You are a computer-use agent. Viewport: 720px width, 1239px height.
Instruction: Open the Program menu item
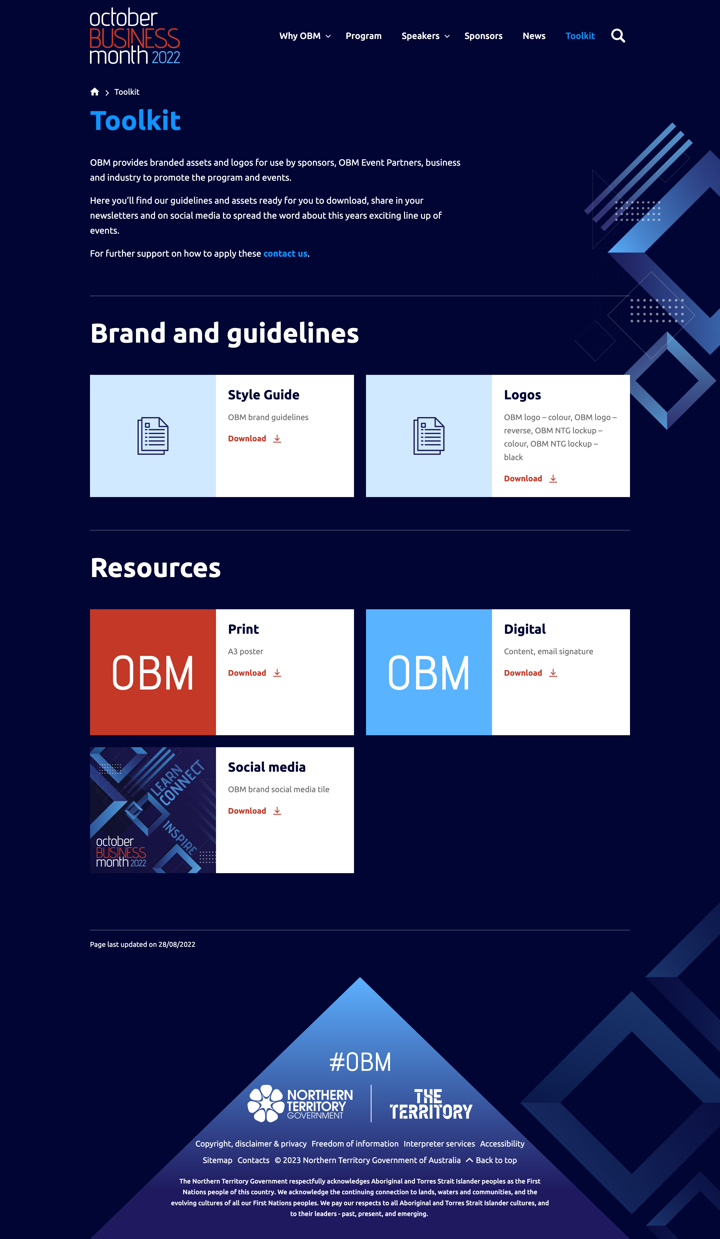[363, 36]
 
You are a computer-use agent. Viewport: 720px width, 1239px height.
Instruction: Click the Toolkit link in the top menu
[580, 36]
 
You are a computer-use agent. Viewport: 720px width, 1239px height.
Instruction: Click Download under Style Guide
[254, 439]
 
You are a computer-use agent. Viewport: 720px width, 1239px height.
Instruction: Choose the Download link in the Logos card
[530, 478]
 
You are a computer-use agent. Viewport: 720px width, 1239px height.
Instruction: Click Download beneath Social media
[254, 811]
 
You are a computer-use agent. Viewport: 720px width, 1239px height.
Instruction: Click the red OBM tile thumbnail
[153, 672]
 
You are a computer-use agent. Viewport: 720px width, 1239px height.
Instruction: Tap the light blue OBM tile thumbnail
[429, 672]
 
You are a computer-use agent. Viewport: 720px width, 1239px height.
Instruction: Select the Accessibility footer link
[502, 1144]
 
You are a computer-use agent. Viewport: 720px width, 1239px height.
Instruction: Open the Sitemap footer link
[217, 1160]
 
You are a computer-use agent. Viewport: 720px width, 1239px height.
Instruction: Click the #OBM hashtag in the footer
[360, 1062]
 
